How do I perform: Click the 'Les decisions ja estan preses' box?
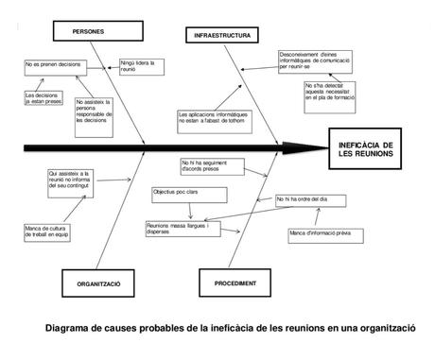click(45, 97)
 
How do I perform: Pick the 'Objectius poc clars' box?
click(180, 193)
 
